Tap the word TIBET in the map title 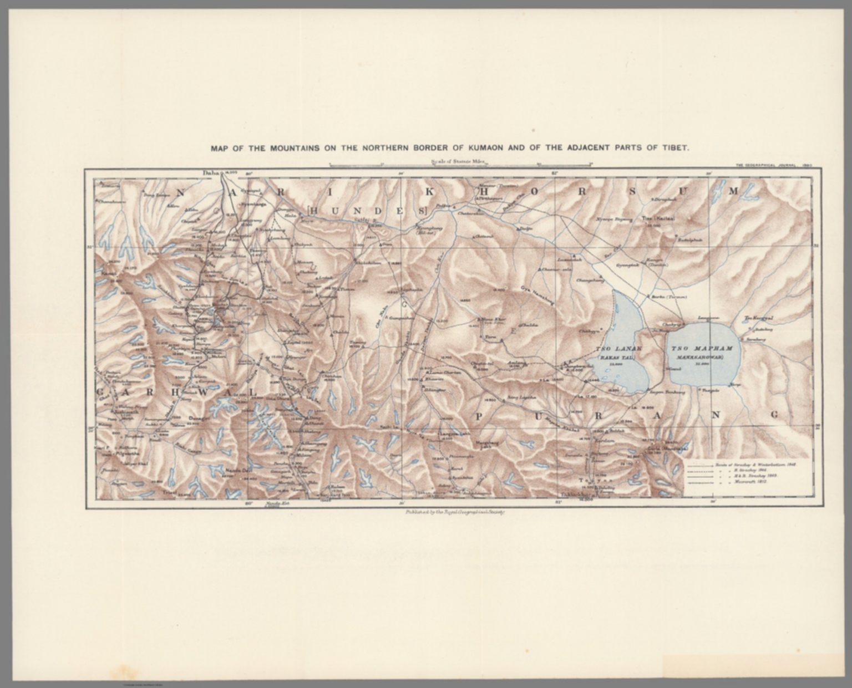(673, 149)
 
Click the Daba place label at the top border (211, 174)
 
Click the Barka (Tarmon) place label (673, 297)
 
